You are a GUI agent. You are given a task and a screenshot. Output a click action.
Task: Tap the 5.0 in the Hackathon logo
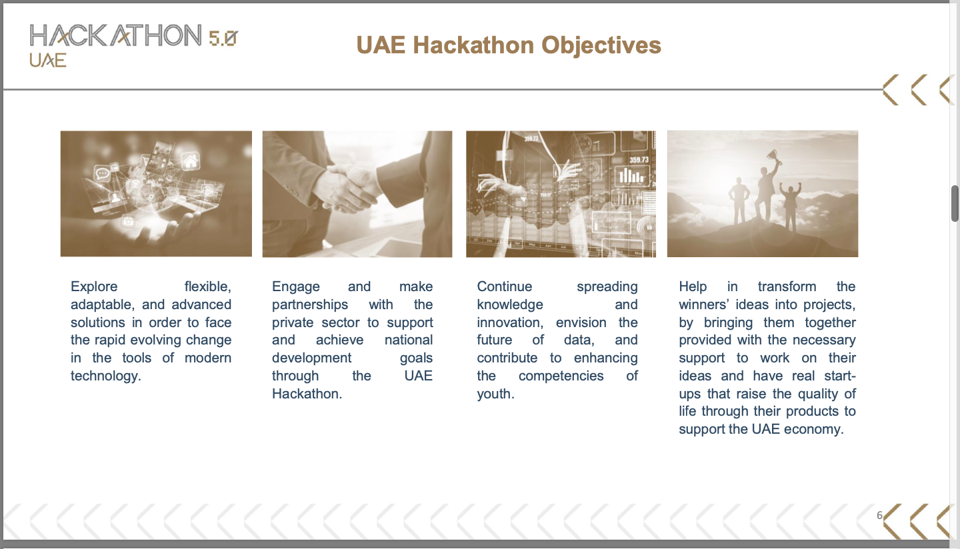click(x=223, y=38)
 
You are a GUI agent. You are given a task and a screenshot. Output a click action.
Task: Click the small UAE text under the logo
click(x=48, y=60)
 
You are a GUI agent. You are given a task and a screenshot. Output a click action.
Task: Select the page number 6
click(x=879, y=515)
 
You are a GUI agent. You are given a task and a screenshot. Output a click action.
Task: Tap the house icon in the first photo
click(x=191, y=161)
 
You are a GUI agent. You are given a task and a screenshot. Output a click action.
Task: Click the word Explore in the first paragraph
click(x=94, y=286)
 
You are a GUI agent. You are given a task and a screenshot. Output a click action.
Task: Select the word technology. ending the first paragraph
click(x=106, y=376)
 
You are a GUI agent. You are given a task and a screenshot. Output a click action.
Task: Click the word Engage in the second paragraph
click(x=296, y=286)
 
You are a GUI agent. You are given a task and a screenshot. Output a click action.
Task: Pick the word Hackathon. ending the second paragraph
click(x=307, y=394)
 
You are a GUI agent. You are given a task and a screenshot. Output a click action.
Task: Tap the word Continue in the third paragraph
click(x=505, y=286)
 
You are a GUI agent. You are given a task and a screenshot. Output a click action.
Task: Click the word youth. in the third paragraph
click(x=495, y=394)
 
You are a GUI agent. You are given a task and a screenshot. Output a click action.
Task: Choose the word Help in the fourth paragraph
click(x=693, y=286)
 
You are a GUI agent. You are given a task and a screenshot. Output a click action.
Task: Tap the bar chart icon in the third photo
click(x=631, y=176)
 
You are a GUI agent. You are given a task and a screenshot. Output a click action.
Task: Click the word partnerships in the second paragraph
click(x=310, y=304)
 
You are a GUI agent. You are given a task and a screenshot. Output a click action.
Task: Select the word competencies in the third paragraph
click(x=561, y=376)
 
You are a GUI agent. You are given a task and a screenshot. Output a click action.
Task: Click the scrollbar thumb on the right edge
click(x=955, y=203)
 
